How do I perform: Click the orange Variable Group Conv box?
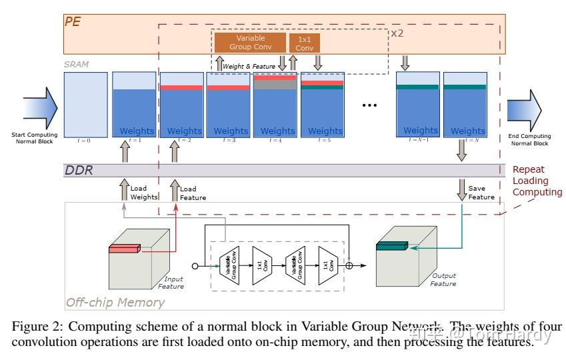pyautogui.click(x=250, y=43)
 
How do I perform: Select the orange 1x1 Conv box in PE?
pyautogui.click(x=304, y=43)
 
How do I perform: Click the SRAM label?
pyautogui.click(x=76, y=65)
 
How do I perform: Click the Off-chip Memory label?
pyautogui.click(x=115, y=302)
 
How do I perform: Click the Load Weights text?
pyautogui.click(x=143, y=193)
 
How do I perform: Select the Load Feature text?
pyautogui.click(x=193, y=193)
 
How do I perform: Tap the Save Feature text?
pyautogui.click(x=481, y=193)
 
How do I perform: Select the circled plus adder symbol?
pyautogui.click(x=349, y=265)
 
